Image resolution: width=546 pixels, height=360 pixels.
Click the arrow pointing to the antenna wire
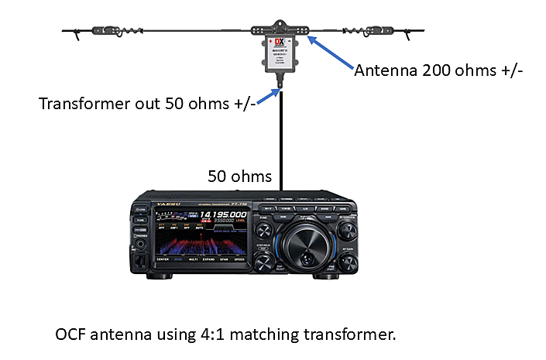coord(329,53)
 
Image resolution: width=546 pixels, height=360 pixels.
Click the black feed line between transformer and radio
coord(281,139)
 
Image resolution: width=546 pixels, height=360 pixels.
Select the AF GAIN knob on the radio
coord(344,259)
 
